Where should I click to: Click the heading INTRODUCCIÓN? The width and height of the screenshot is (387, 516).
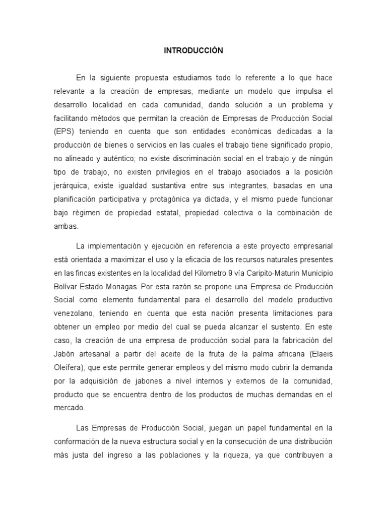(x=193, y=50)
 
